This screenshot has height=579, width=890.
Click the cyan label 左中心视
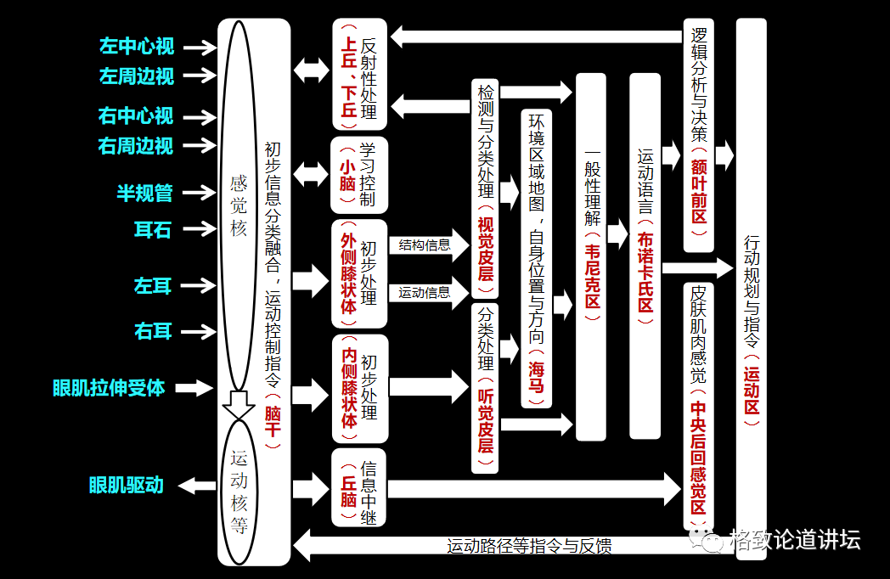click(137, 46)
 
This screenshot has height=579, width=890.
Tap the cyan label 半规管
click(144, 193)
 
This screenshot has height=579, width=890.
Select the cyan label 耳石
click(153, 229)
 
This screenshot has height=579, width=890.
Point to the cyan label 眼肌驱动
click(126, 486)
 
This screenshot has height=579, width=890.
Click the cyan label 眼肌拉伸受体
click(109, 388)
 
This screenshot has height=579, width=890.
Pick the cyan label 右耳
click(153, 331)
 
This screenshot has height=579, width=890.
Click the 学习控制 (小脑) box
click(358, 175)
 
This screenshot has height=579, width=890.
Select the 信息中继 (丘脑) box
click(358, 488)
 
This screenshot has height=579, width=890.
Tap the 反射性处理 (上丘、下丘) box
click(358, 73)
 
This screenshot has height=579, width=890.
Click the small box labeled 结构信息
click(425, 245)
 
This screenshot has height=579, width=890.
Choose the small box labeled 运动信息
click(425, 293)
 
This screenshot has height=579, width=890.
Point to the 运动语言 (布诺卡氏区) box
click(645, 255)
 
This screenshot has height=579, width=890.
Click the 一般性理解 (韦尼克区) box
click(591, 255)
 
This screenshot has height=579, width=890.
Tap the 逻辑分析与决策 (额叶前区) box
click(699, 136)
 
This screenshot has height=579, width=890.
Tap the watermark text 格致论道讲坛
click(794, 539)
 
